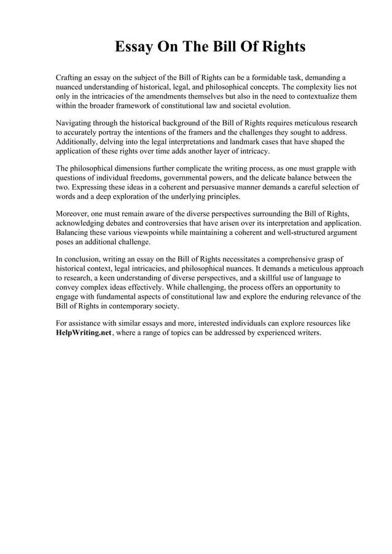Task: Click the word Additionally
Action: click(77, 142)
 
